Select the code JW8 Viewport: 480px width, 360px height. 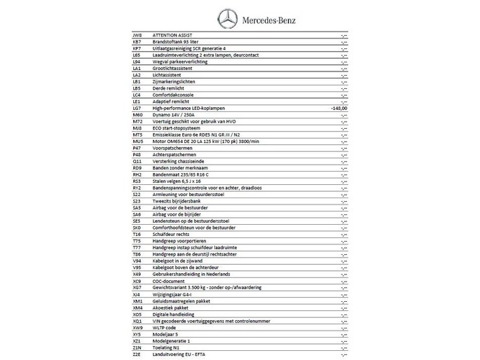click(x=137, y=34)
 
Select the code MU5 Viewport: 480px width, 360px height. click(x=137, y=141)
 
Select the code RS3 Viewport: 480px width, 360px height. click(x=137, y=181)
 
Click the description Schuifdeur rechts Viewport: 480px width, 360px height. click(x=170, y=234)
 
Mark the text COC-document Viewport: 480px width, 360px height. click(x=168, y=280)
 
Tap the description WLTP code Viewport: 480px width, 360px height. click(x=166, y=326)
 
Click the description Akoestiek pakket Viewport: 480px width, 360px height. click(x=171, y=306)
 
